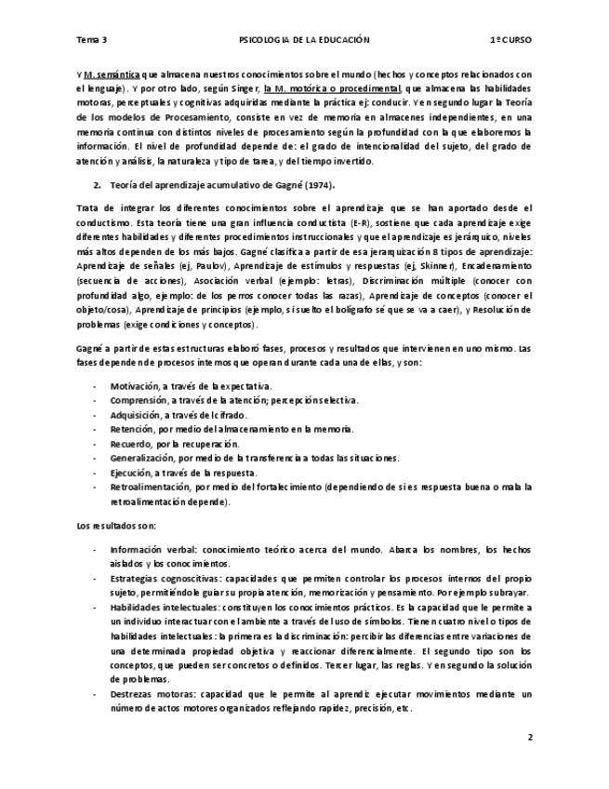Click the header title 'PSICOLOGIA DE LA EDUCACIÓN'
tap(304, 40)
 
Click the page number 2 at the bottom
tap(529, 737)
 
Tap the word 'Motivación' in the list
tap(134, 384)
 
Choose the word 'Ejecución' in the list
tap(130, 472)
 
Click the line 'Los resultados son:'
tap(116, 527)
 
